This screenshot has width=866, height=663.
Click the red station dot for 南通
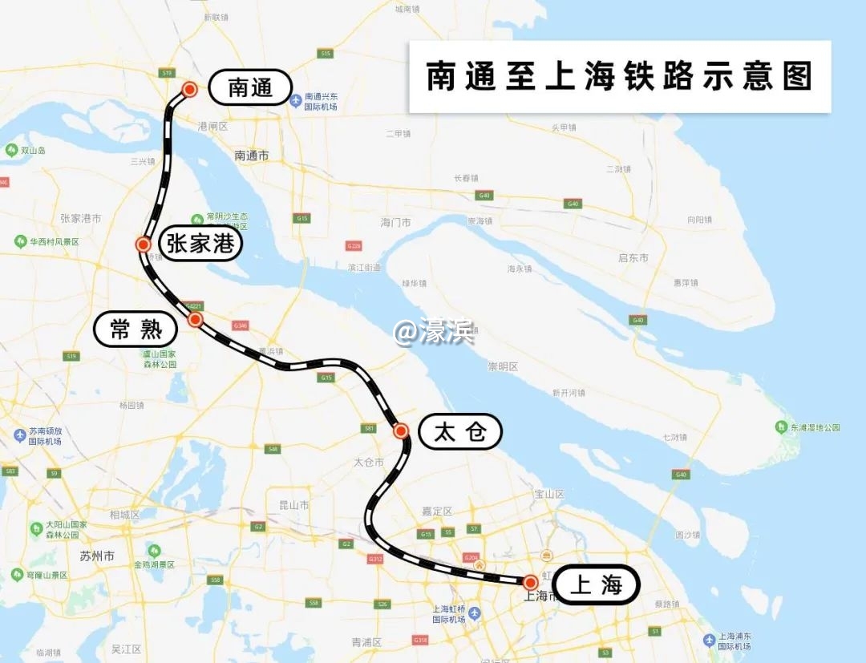[190, 90]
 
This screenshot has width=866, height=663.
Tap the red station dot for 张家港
[144, 245]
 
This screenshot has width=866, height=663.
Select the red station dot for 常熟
[195, 319]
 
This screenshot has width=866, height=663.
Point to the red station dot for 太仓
[401, 431]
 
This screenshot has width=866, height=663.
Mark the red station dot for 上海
[530, 582]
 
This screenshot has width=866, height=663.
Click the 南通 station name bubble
[250, 87]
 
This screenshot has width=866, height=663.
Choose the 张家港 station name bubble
[200, 243]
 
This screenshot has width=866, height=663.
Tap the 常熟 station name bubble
[136, 329]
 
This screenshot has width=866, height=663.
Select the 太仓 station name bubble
[460, 432]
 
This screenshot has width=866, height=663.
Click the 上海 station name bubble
[596, 584]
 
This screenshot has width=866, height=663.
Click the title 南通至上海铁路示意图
[619, 77]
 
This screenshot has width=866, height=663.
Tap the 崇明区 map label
[503, 366]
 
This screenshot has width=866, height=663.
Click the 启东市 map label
[633, 257]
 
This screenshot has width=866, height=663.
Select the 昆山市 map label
[293, 505]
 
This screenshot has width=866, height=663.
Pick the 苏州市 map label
[97, 556]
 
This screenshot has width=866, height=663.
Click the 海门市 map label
[395, 221]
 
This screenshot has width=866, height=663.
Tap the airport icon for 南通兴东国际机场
[296, 100]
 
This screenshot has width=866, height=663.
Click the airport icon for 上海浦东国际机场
[709, 640]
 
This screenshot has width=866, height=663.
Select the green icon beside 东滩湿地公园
[781, 427]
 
